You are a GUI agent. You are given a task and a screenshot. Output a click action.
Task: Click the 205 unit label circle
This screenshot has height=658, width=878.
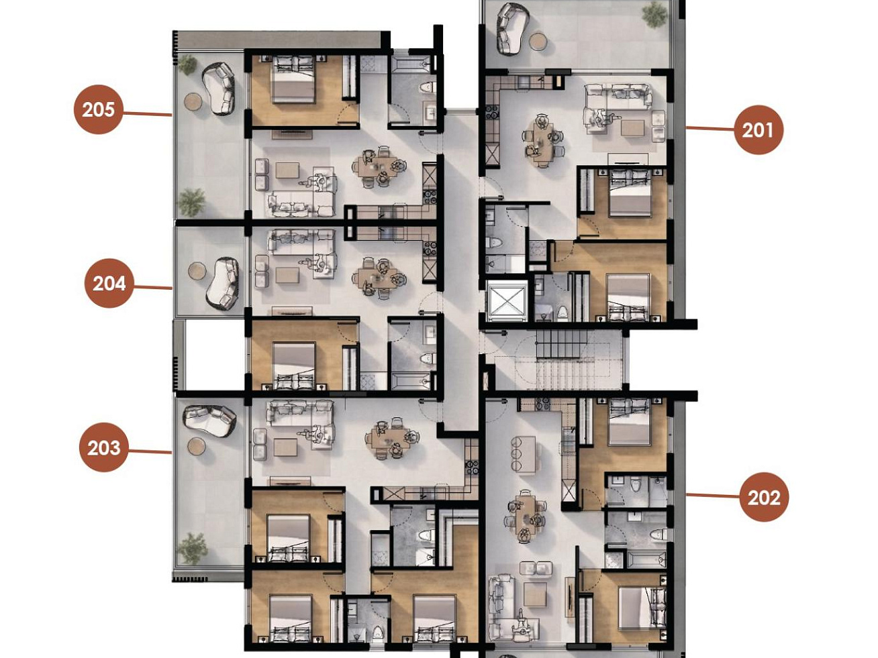[99, 109]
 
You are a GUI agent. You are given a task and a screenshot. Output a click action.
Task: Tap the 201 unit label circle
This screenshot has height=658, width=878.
[759, 130]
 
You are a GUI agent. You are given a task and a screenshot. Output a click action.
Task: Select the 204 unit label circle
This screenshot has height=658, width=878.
[109, 283]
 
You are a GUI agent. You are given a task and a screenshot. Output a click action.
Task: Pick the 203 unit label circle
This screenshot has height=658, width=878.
[104, 447]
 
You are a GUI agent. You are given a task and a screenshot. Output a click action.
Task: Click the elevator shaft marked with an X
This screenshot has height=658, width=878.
[507, 301]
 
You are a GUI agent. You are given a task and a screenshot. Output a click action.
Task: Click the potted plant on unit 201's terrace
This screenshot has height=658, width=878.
[654, 15]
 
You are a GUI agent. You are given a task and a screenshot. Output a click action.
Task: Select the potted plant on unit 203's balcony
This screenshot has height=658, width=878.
[193, 548]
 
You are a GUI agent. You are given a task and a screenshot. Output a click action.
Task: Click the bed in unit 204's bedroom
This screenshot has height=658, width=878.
[294, 366]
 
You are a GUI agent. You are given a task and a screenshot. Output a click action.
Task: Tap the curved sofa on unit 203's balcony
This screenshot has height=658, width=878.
[209, 421]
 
